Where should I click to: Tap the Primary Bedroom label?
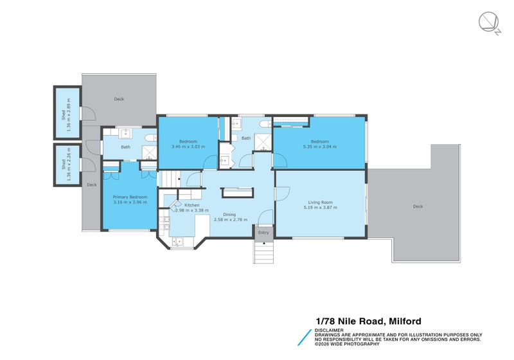pyautogui.click(x=130, y=197)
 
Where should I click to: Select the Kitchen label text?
pyautogui.click(x=192, y=205)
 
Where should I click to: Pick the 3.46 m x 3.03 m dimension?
pyautogui.click(x=188, y=147)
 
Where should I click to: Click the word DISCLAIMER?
pyautogui.click(x=328, y=330)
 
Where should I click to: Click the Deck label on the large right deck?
pyautogui.click(x=418, y=206)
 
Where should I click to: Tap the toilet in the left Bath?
pyautogui.click(x=150, y=138)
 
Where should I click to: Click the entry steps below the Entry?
pyautogui.click(x=263, y=252)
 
